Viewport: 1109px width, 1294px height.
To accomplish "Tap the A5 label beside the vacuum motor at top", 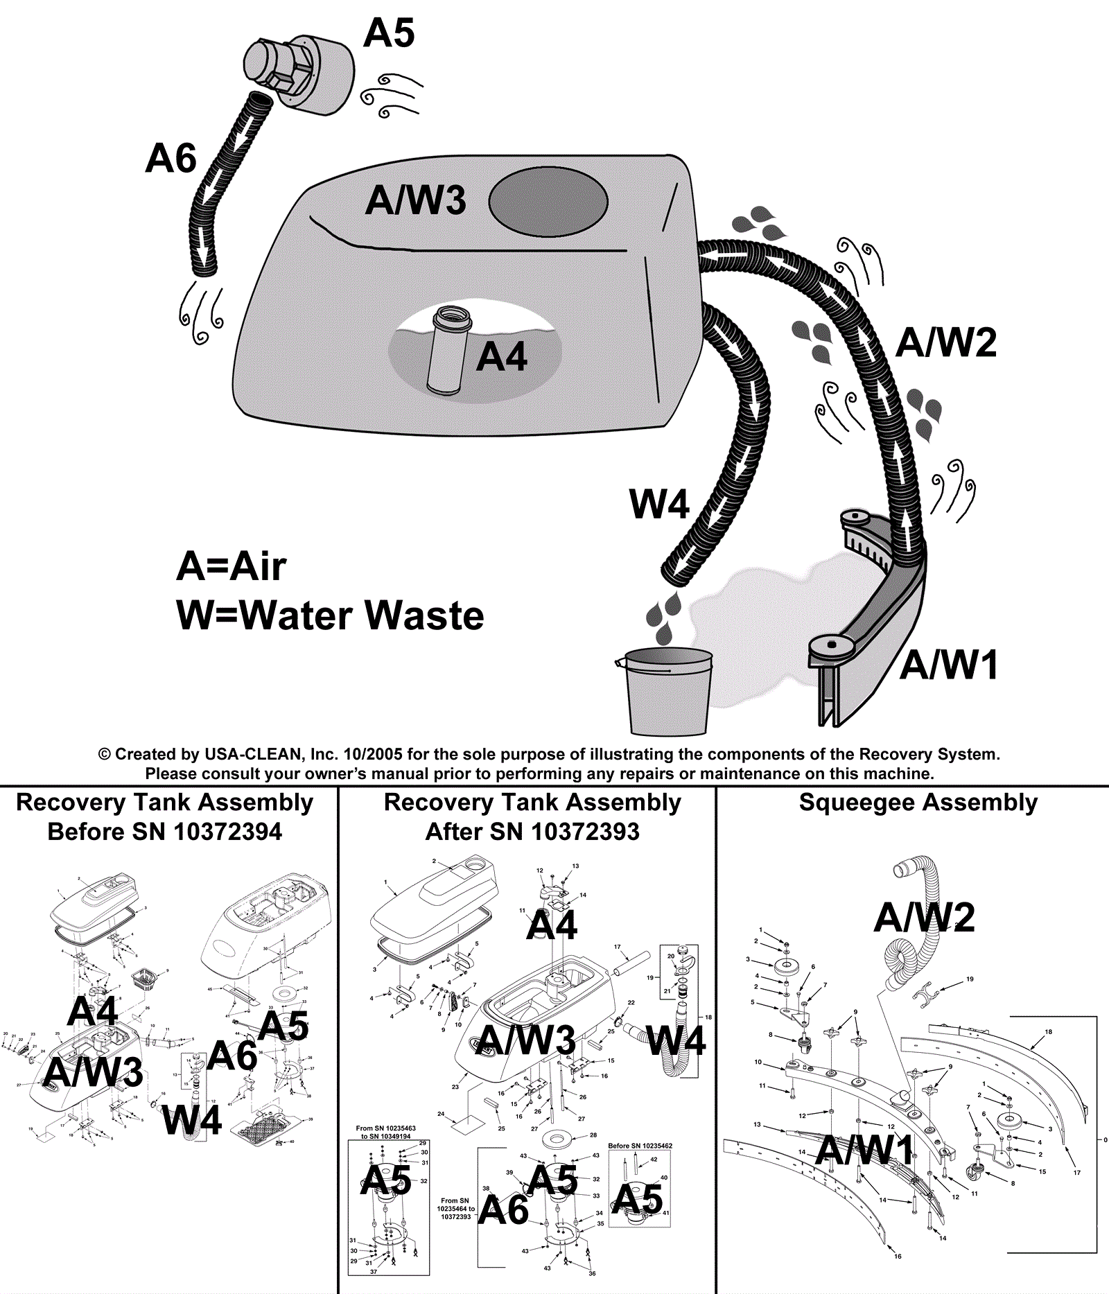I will pyautogui.click(x=389, y=33).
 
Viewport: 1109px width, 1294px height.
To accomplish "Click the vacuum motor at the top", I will pyautogui.click(x=298, y=73).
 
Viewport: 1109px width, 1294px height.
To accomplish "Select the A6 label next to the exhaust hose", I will pyautogui.click(x=171, y=159).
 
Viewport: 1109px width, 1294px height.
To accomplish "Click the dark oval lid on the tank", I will pyautogui.click(x=548, y=202).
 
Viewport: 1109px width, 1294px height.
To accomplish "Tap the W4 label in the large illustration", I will pyautogui.click(x=658, y=504).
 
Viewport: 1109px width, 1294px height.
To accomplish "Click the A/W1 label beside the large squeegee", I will pyautogui.click(x=949, y=665).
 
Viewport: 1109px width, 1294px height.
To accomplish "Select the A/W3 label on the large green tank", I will pyautogui.click(x=415, y=200).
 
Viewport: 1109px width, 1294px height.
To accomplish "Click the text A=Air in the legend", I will pyautogui.click(x=231, y=566).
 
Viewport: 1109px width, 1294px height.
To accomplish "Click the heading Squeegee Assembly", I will pyautogui.click(x=918, y=803).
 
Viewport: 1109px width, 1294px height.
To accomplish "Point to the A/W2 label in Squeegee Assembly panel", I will pyautogui.click(x=925, y=918).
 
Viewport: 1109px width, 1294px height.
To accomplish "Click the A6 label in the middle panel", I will pyautogui.click(x=504, y=1210).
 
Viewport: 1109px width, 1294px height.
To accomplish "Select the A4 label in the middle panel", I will pyautogui.click(x=552, y=925).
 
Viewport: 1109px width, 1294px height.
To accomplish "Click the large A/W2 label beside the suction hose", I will pyautogui.click(x=946, y=342).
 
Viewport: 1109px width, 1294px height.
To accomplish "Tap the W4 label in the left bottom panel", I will pyautogui.click(x=192, y=1120).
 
